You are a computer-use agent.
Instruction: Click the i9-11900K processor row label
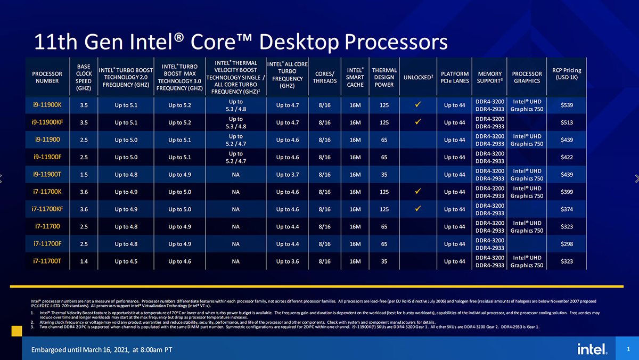pyautogui.click(x=47, y=105)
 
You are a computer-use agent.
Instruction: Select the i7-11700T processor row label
pyautogui.click(x=47, y=261)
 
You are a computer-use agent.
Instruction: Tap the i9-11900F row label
pyautogui.click(x=47, y=157)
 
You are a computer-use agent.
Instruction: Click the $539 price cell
pyautogui.click(x=567, y=105)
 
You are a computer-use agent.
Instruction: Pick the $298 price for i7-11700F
pyautogui.click(x=567, y=244)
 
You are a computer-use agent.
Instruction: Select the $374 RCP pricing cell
pyautogui.click(x=567, y=209)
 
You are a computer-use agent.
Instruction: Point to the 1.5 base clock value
pyautogui.click(x=84, y=175)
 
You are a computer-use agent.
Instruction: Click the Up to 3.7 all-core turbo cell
pyautogui.click(x=287, y=175)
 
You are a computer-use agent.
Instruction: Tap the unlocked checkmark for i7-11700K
pyautogui.click(x=417, y=191)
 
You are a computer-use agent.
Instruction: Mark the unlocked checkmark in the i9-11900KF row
pyautogui.click(x=417, y=122)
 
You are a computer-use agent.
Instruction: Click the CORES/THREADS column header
pyautogui.click(x=324, y=77)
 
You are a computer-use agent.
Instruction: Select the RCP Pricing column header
pyautogui.click(x=567, y=73)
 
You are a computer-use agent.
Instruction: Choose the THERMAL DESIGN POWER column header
pyautogui.click(x=384, y=77)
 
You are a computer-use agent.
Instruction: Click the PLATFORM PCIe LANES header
pyautogui.click(x=455, y=77)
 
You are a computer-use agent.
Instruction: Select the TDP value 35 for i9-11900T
pyautogui.click(x=384, y=175)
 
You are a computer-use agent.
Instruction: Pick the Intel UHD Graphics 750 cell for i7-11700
pyautogui.click(x=527, y=226)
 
